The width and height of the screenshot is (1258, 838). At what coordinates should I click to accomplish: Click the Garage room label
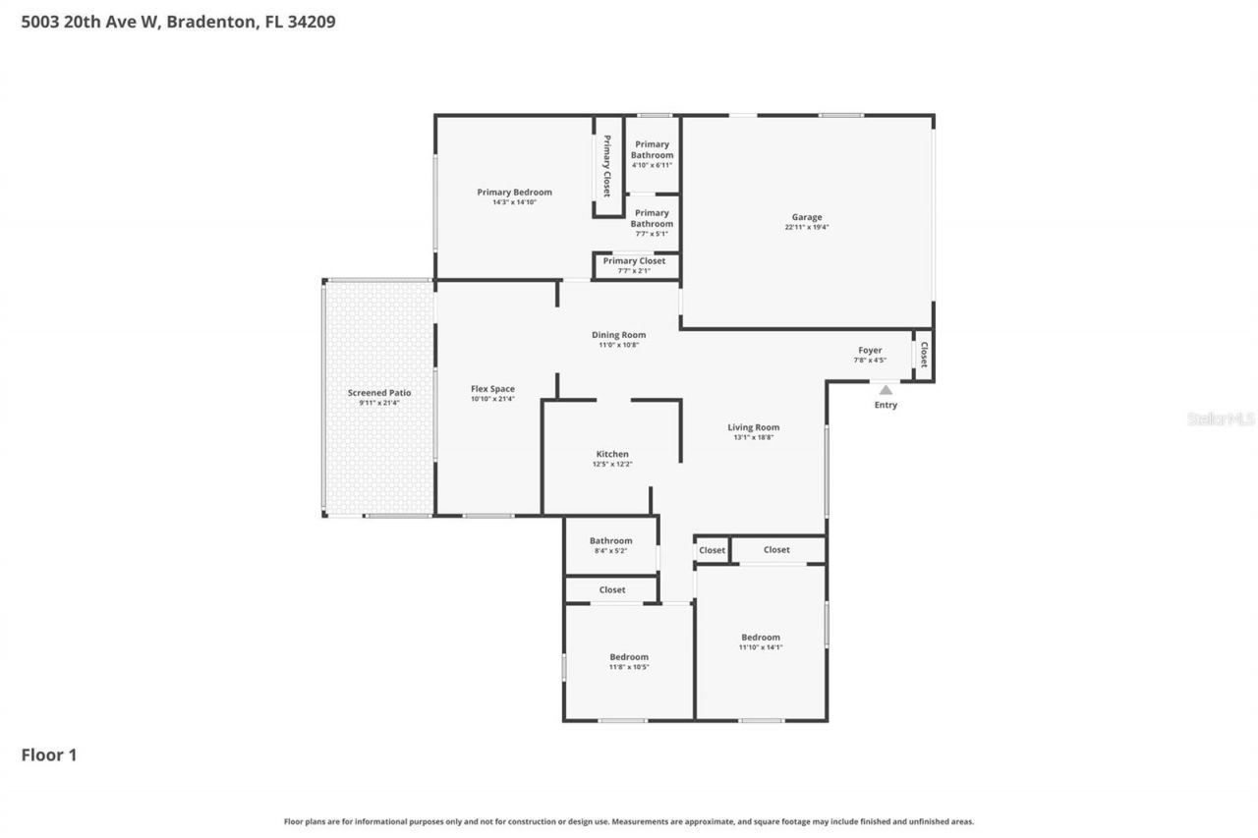807,217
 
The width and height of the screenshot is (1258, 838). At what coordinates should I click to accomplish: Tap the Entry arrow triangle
886,390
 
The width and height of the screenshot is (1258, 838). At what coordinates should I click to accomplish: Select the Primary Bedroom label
514,193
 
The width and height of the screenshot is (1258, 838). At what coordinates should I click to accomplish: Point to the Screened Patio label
378,393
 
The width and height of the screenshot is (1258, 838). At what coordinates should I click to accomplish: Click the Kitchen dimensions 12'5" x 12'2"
612,464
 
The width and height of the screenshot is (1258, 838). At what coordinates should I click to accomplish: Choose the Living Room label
753,427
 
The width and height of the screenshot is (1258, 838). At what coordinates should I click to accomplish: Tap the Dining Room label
618,335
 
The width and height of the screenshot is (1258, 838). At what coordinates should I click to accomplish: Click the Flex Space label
492,389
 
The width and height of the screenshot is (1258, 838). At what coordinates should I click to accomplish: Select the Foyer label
870,350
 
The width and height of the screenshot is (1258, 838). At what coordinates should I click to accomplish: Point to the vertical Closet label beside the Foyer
923,355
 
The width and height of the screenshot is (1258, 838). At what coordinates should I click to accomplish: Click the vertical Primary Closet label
607,166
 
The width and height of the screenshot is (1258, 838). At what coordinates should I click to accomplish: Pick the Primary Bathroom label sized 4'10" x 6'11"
652,149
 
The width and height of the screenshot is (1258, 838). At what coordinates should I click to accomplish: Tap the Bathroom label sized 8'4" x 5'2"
610,540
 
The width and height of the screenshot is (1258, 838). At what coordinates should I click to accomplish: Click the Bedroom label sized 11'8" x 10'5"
628,657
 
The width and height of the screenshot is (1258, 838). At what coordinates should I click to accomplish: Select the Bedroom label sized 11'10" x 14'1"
760,638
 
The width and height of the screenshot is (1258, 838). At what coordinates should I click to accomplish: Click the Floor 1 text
49,754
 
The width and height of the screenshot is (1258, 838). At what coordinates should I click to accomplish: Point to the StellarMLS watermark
1221,419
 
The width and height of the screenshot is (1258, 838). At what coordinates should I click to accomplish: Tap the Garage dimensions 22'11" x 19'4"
807,227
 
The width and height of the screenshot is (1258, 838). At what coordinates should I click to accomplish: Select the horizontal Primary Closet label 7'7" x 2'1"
634,260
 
